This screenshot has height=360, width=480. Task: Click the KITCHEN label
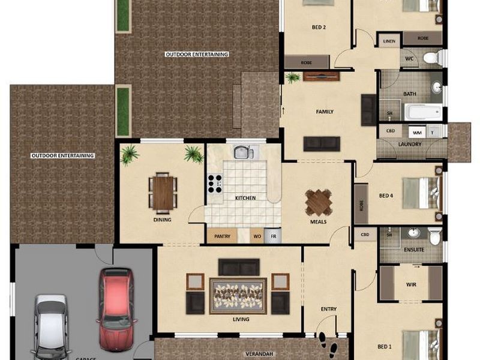[x=245, y=198]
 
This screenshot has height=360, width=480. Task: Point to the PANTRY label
[x=222, y=237]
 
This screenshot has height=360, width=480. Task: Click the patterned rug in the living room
[x=238, y=296]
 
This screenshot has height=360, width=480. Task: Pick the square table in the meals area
[x=319, y=202]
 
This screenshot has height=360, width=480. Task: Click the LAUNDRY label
[x=410, y=144]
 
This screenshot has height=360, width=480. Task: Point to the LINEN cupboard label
[x=389, y=41]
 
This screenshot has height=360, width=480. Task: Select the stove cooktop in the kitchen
[x=214, y=182]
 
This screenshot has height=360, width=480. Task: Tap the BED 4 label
[x=386, y=196]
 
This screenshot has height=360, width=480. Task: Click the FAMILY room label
[x=325, y=112]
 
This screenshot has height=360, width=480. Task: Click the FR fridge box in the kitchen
[x=273, y=237]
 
